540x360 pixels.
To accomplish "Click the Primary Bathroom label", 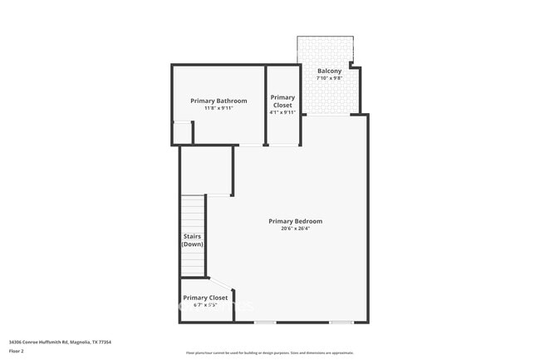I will (x=218, y=101).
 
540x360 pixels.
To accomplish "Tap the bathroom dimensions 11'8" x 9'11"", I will (x=218, y=108).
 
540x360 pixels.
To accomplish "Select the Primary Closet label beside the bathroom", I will (x=282, y=101).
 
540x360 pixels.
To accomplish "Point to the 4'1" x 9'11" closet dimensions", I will (x=282, y=112).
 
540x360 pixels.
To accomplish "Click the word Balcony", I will (x=329, y=71).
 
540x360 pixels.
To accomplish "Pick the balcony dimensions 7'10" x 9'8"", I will (x=329, y=78).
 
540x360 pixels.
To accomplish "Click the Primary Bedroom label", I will (x=295, y=221).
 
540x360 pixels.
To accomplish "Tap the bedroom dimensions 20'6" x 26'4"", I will (x=295, y=229).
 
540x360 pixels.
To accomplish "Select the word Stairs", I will (x=193, y=237).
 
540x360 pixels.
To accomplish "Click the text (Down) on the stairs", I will (x=193, y=244).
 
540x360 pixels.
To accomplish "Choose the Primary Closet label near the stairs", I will (x=205, y=298).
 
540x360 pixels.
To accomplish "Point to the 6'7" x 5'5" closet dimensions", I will (x=205, y=305).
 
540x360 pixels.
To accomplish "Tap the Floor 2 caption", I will (x=17, y=351).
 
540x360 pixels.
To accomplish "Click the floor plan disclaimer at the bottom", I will (x=269, y=353).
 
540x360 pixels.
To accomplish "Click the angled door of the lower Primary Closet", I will (x=222, y=284).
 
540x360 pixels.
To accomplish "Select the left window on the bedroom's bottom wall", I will (x=265, y=323).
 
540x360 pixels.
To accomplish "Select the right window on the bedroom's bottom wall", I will (x=341, y=323).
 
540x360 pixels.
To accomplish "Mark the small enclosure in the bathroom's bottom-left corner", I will (x=182, y=133).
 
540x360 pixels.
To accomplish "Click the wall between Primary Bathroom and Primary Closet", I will (x=265, y=104).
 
